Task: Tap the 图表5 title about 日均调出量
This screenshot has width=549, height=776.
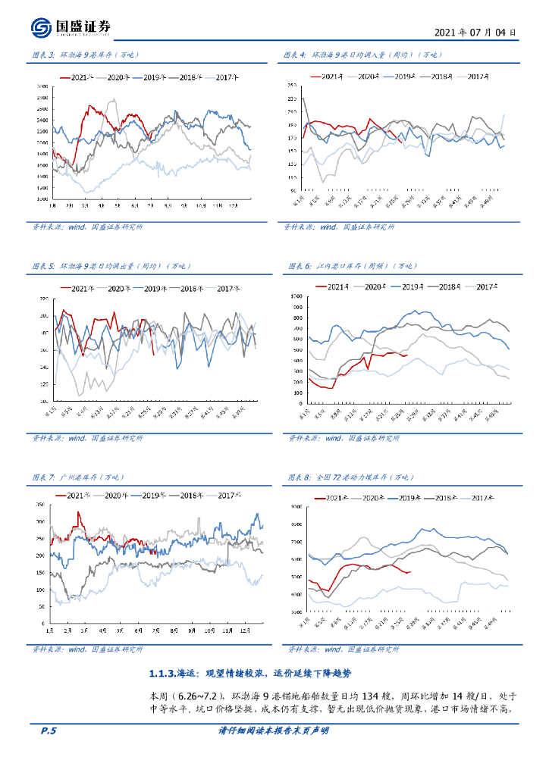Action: tap(111, 266)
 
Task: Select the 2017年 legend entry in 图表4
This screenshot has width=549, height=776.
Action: tap(477, 77)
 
